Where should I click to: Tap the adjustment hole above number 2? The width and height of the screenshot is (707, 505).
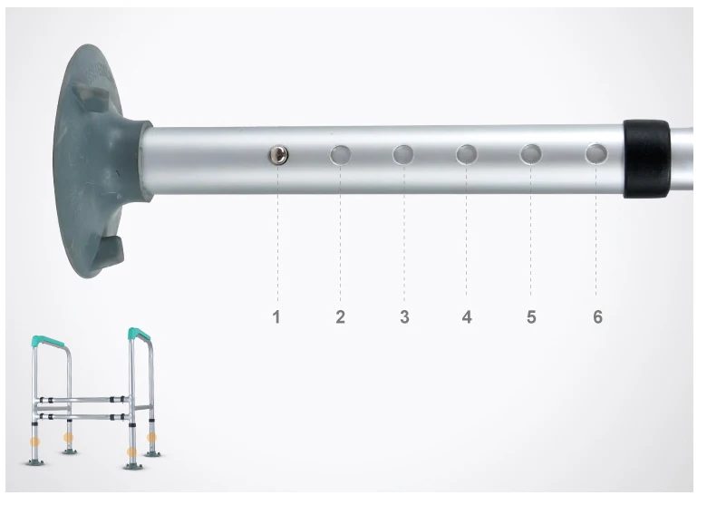pos(341,155)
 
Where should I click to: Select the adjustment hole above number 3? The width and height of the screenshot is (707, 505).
pos(404,154)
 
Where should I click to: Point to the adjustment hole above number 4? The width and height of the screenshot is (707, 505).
pos(467,154)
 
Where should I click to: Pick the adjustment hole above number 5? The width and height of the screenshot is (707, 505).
pos(530,153)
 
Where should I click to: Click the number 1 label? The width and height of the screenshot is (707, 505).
pos(277,316)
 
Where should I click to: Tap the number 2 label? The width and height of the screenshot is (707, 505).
pos(341,316)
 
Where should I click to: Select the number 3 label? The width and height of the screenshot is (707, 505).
pos(404,316)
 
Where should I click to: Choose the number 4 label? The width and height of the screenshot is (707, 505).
pos(467,316)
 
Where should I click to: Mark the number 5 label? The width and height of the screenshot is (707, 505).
pos(531,316)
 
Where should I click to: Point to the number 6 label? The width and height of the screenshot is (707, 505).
pos(597,316)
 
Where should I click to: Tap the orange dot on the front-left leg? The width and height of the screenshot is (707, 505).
pos(36,443)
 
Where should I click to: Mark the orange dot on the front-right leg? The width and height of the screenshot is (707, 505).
pos(132,451)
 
